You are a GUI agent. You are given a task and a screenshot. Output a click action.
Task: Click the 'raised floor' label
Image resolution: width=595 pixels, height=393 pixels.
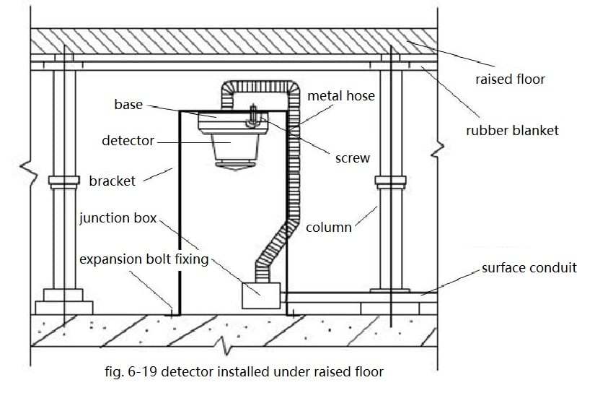point(510,79)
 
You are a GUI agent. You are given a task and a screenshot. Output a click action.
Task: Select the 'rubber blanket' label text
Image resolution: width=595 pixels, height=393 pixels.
point(512,131)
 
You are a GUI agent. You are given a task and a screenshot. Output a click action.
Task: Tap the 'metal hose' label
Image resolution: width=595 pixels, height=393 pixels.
point(341,95)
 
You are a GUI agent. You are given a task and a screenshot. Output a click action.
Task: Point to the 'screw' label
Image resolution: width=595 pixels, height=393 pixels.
point(353,157)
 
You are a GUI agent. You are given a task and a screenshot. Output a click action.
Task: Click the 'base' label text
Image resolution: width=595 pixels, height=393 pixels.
point(128,105)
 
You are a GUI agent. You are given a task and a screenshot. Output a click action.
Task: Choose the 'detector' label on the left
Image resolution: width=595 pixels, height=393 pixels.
point(128,141)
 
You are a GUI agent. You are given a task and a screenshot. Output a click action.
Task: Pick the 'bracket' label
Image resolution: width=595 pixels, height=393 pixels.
point(112,181)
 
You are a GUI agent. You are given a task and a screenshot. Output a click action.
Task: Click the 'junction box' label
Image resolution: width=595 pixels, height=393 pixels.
point(118,218)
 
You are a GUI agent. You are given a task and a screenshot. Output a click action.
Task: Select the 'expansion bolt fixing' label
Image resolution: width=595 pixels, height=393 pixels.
point(144,259)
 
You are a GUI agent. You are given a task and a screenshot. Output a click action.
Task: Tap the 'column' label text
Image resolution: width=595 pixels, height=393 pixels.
point(328,227)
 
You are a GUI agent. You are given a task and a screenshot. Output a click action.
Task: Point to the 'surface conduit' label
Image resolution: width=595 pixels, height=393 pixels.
point(529,268)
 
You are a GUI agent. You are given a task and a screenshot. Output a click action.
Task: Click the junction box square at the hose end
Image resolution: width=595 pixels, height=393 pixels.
point(260,295)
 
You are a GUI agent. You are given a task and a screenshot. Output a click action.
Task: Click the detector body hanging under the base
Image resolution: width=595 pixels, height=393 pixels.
point(232,148)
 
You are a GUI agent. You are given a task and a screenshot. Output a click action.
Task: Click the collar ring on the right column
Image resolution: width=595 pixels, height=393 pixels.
point(389,181)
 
